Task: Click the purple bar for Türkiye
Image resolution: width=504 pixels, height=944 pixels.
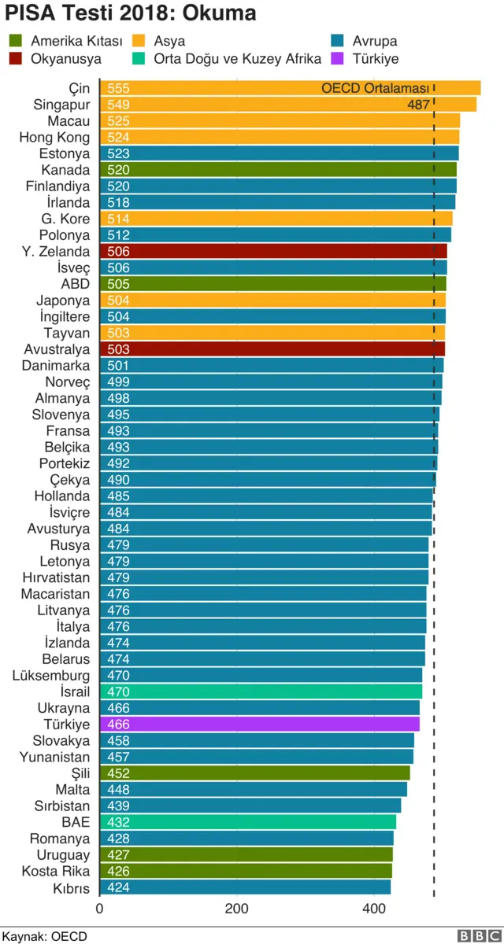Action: [x=260, y=725]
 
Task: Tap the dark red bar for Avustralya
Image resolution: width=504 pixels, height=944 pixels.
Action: [x=272, y=349]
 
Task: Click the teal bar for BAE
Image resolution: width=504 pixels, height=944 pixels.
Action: [x=248, y=822]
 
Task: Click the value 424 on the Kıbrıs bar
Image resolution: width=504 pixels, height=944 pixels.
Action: [x=119, y=887]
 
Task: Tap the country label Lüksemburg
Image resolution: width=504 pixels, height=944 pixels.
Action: [x=51, y=676]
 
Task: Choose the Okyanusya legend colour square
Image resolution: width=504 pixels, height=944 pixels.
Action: [x=16, y=59]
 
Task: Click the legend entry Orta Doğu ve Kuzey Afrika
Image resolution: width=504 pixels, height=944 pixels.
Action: [x=237, y=59]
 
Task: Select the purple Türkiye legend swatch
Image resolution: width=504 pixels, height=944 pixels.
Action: [x=339, y=59]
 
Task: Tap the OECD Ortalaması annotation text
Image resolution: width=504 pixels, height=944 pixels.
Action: [x=375, y=89]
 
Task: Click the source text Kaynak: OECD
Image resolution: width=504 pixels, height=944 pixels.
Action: [x=44, y=936]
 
